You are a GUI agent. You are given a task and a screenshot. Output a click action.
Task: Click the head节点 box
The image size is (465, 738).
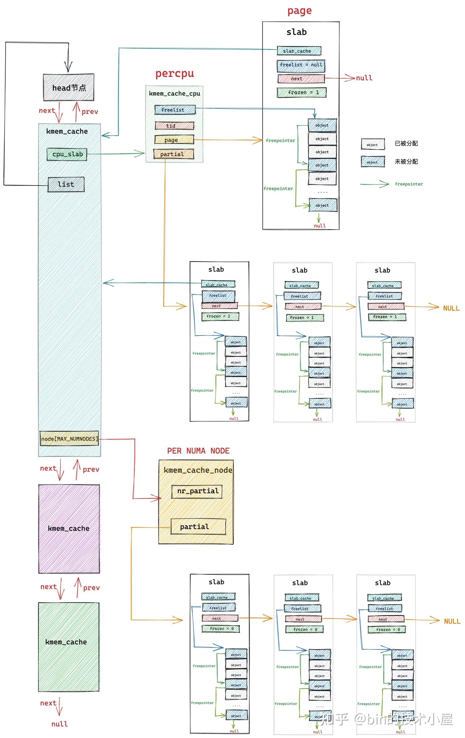[69, 88]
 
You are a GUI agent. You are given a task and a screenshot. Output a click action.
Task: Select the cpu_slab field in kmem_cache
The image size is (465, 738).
[67, 154]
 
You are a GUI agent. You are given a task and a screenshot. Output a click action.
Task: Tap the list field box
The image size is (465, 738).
[66, 184]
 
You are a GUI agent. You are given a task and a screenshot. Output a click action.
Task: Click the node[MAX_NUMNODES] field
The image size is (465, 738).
[69, 439]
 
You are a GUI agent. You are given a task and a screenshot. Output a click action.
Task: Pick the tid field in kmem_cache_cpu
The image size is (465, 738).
[175, 126]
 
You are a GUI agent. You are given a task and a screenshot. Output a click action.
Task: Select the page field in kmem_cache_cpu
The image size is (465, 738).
[174, 140]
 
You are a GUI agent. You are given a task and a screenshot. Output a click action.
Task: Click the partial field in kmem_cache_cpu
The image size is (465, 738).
[174, 154]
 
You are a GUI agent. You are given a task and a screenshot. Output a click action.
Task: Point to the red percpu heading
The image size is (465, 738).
[175, 74]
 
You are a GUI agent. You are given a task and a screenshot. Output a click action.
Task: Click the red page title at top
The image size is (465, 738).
[299, 11]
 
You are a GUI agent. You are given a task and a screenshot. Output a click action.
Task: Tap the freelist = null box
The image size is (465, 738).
[301, 65]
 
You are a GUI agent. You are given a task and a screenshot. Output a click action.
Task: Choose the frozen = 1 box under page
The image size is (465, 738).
[302, 92]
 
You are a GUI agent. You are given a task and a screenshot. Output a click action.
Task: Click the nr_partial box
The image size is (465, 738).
[197, 491]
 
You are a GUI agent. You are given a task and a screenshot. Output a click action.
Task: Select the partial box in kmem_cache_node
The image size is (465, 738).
[198, 527]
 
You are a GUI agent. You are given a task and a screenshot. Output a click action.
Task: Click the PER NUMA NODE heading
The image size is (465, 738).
[198, 451]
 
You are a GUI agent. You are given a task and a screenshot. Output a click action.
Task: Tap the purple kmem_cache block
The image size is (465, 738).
[69, 529]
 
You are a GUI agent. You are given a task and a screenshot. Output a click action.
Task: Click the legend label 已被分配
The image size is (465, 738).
[406, 143]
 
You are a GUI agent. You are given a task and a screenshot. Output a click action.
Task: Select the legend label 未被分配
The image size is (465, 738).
[406, 161]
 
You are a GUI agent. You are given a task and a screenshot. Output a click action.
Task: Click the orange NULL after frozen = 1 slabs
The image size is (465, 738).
[451, 308]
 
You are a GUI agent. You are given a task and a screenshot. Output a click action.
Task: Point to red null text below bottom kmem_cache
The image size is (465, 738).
[60, 724]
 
